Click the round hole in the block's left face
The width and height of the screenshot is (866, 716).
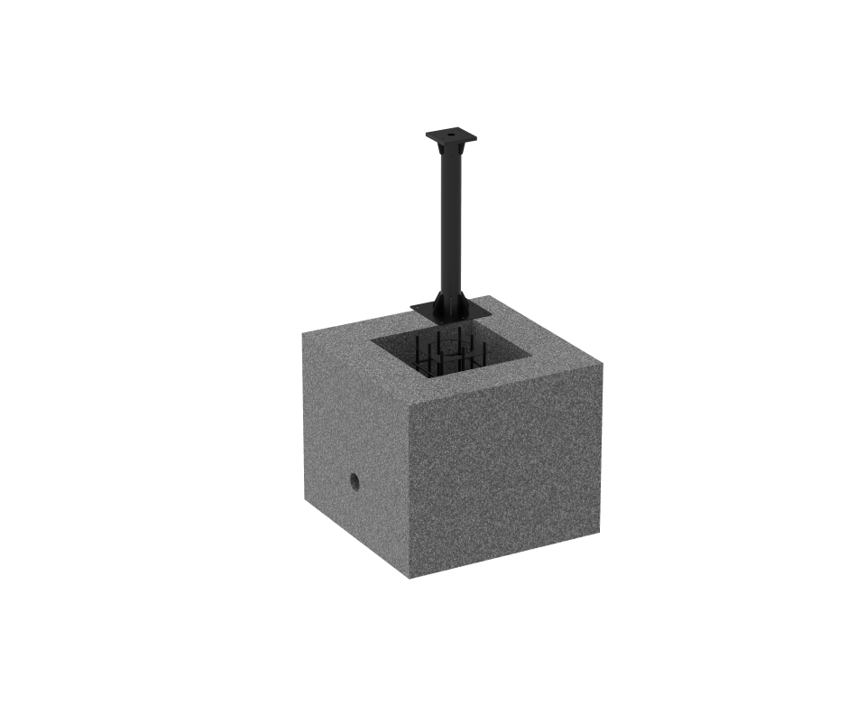[x=355, y=480]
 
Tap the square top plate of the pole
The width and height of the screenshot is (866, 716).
[x=449, y=137]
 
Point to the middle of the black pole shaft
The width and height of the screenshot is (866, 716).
[x=449, y=226]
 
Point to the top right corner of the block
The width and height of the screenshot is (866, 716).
[x=602, y=367]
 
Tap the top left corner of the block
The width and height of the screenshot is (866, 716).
[x=301, y=331]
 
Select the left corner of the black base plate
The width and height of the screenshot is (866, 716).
[x=410, y=309]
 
